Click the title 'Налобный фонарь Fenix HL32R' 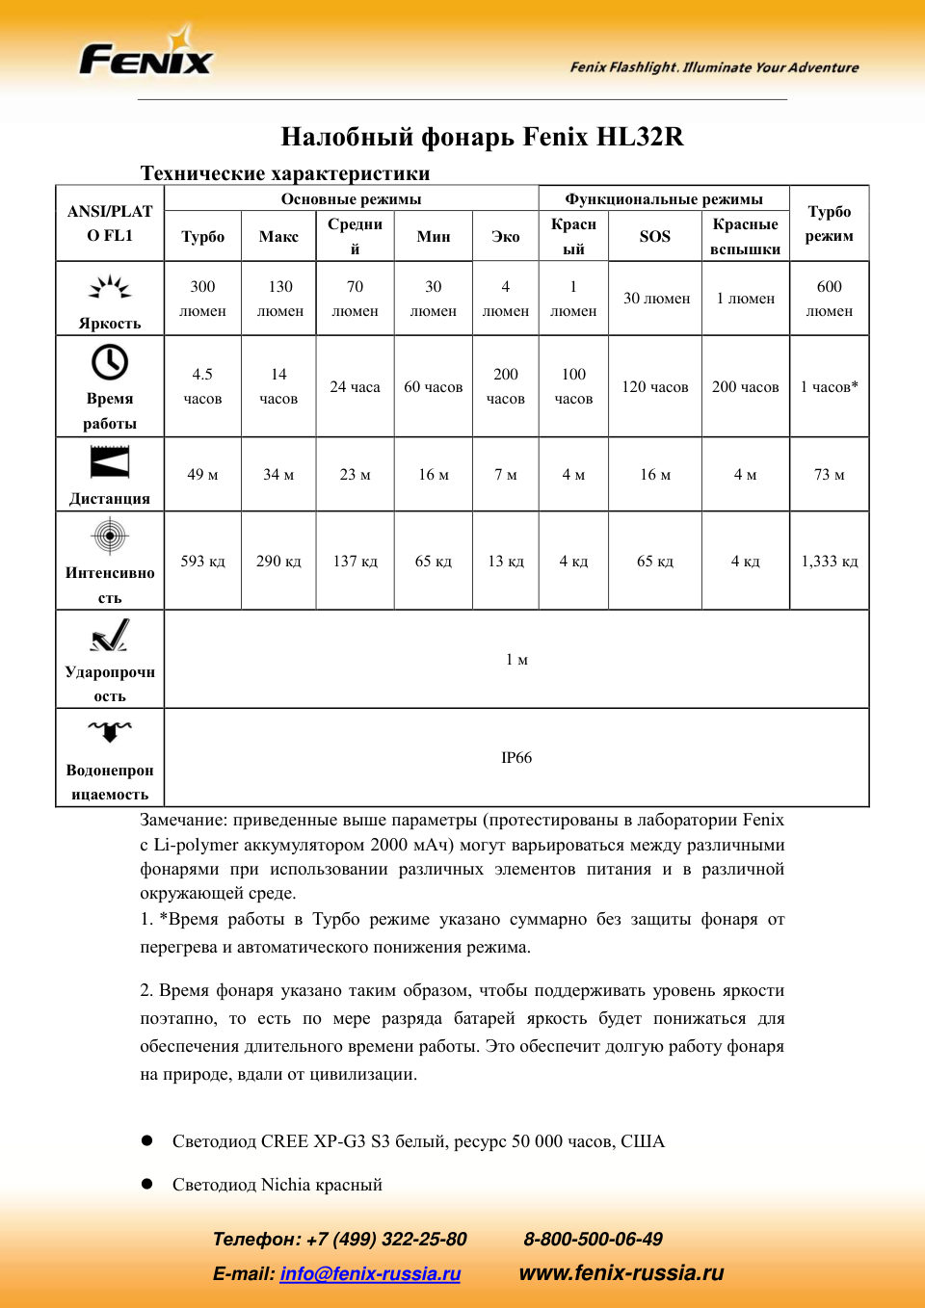click(482, 137)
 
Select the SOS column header click(654, 236)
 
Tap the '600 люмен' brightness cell click(829, 299)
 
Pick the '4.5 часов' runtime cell click(202, 386)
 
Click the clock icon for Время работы click(110, 363)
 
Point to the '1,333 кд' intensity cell click(829, 561)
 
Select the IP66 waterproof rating click(516, 758)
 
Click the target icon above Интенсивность click(110, 536)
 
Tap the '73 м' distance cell click(829, 474)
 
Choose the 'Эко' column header click(505, 236)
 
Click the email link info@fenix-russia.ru click(370, 1273)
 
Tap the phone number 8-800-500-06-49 click(593, 1239)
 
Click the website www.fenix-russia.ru click(621, 1272)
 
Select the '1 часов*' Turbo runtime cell click(829, 386)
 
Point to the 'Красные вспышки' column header click(745, 236)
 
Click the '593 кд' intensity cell click(202, 561)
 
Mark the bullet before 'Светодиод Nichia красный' click(147, 1184)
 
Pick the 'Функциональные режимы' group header click(663, 199)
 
